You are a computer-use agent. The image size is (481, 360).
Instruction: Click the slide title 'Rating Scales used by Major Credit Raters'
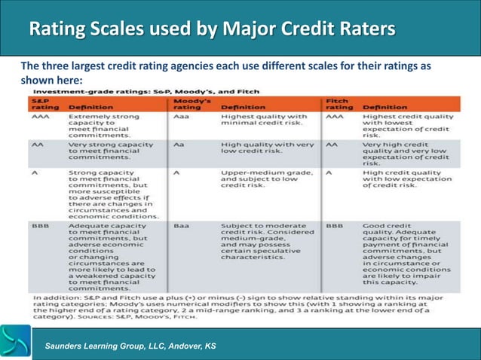pos(211,29)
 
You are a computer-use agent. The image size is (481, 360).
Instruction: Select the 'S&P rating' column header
pos(42,103)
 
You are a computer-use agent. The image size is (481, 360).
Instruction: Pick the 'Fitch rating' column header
pos(339,103)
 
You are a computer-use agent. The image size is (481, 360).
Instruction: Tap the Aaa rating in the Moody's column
pos(182,117)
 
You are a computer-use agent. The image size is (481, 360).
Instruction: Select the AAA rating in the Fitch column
pos(335,117)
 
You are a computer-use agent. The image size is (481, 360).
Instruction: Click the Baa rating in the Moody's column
pos(182,225)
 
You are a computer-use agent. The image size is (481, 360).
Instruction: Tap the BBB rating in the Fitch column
pos(335,225)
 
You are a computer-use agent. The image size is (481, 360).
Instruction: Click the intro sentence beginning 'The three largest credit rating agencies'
pos(225,73)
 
